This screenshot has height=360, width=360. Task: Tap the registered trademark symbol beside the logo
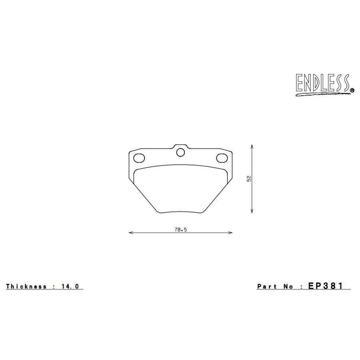point(352,91)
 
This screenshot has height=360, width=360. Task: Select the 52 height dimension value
point(248,178)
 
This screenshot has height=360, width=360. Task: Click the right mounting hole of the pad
point(222,158)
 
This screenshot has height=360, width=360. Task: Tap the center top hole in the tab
point(180,152)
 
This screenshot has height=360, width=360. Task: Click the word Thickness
point(27,286)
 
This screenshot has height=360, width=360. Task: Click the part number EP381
point(326,286)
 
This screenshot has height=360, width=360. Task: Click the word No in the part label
point(288,286)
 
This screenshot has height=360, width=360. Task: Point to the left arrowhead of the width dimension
point(130,232)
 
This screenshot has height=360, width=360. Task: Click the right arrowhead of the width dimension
point(231,232)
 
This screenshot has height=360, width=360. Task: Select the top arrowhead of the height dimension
point(251,146)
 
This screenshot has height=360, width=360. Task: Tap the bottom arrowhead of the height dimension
point(251,212)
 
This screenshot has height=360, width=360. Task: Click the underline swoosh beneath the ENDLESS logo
point(320,94)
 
